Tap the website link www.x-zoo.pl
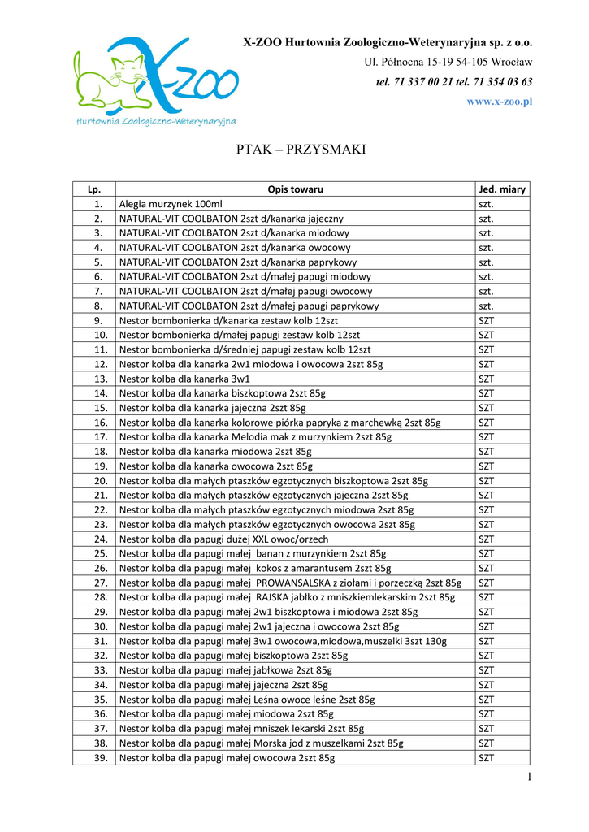coord(499,102)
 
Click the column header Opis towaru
coord(295,189)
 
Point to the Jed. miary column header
coord(502,189)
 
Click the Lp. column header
coord(93,189)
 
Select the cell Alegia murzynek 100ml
coord(171,204)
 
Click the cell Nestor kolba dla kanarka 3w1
coord(184,379)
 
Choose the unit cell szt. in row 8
coord(486,305)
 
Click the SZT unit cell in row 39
coord(486,757)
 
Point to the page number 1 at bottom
coord(528,778)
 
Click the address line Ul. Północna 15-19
coord(448,62)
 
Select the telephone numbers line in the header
coord(454,82)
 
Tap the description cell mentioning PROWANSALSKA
coord(290,583)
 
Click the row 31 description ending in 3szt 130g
coord(283,641)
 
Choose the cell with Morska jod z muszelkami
coord(261,743)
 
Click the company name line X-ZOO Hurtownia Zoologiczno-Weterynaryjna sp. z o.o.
coord(388,42)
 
